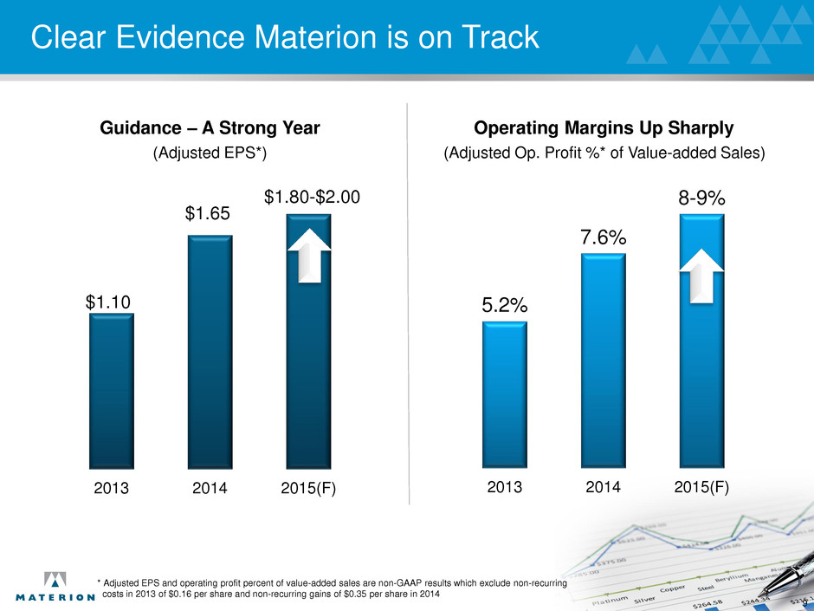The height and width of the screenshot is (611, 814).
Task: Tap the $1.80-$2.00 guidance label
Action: pyautogui.click(x=310, y=198)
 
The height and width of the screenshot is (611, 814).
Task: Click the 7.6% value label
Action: pyautogui.click(x=603, y=237)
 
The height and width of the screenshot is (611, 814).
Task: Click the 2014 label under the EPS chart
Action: pyautogui.click(x=209, y=488)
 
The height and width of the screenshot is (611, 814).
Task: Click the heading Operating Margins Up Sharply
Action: pyautogui.click(x=604, y=128)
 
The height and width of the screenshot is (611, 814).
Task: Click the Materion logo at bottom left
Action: pyautogui.click(x=55, y=587)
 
